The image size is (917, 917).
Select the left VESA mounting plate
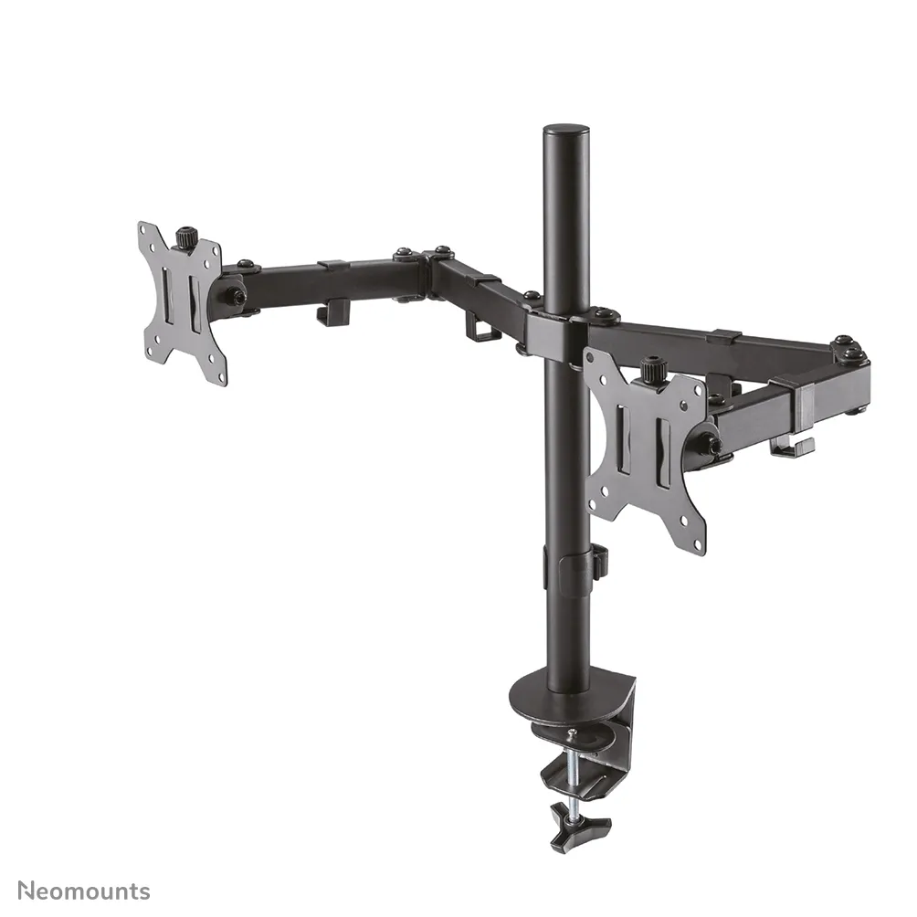click(183, 301)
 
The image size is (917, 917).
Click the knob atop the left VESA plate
click(187, 237)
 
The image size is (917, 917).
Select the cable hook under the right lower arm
click(791, 448)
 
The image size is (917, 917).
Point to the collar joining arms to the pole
click(563, 323)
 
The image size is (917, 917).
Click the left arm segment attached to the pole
click(484, 292)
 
